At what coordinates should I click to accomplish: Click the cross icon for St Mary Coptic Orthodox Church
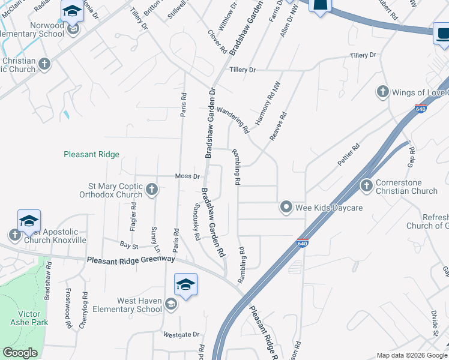[152, 190]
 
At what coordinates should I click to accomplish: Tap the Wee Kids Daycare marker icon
[286, 208]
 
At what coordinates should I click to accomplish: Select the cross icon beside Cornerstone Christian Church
[366, 187]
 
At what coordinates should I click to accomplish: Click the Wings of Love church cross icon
[382, 92]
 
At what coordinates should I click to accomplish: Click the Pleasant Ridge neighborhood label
[92, 154]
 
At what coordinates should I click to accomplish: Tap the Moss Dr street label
[187, 176]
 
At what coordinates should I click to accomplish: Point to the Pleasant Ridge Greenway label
[131, 260]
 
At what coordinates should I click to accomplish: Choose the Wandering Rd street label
[233, 119]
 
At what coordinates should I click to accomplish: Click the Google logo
[20, 353]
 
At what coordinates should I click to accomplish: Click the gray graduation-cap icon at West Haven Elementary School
[171, 305]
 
